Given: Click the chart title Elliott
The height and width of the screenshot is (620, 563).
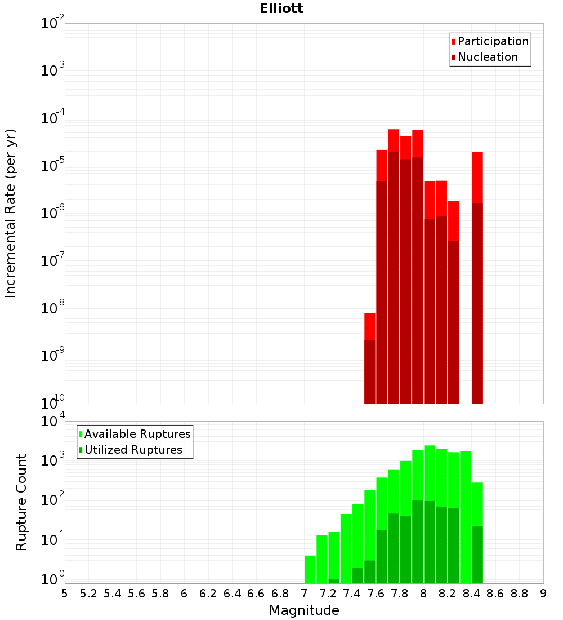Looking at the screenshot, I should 281,8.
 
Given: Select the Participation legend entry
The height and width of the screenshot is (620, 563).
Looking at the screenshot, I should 493,41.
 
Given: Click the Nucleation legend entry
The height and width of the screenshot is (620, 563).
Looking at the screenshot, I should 487,57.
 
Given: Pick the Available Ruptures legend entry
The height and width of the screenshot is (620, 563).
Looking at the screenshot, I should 137,434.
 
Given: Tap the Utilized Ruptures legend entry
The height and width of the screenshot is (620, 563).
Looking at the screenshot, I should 133,450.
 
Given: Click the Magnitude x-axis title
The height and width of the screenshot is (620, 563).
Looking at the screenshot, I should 304,610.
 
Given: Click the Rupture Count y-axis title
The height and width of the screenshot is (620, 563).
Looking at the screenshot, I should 21,502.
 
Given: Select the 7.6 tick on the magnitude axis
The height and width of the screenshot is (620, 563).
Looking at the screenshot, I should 376,593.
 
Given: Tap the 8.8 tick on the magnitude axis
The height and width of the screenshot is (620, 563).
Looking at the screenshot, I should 519,593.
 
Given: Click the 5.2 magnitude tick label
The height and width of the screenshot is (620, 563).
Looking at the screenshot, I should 88,593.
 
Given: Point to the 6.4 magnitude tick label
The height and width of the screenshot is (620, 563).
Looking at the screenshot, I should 232,593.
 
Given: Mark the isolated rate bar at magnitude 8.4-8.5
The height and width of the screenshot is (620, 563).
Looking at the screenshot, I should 477,276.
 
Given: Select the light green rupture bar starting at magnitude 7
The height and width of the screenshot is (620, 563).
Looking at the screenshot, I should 310,569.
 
